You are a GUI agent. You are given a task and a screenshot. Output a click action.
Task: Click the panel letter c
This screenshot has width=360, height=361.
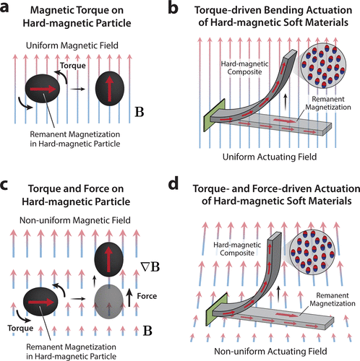point(4,185)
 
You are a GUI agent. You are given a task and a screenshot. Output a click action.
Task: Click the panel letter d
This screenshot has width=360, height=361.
point(173,183)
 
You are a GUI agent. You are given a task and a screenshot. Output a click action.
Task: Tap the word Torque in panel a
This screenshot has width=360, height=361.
point(73,66)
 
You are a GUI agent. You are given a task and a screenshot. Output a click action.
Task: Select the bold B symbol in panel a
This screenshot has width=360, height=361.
point(140,112)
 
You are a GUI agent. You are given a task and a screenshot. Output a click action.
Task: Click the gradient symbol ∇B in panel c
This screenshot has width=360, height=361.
point(150,267)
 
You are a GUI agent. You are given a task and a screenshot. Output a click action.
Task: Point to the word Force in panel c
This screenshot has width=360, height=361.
point(147,296)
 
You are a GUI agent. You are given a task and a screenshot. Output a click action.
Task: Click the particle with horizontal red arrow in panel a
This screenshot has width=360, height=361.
point(42,89)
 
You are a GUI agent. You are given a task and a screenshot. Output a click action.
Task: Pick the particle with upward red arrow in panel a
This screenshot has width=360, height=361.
point(110,88)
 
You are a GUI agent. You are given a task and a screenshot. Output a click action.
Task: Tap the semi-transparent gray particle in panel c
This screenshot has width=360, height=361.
point(108,301)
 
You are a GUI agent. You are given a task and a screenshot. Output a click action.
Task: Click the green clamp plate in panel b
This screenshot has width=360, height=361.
point(214,116)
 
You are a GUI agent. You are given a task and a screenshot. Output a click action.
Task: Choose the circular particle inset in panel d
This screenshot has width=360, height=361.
point(313,252)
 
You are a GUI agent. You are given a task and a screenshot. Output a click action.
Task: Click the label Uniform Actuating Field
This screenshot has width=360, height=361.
point(270,157)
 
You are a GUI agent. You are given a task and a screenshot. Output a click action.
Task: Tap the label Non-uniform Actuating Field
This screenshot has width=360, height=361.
point(270,352)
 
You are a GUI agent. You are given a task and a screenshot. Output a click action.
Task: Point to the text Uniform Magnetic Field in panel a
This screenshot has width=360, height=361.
point(72,45)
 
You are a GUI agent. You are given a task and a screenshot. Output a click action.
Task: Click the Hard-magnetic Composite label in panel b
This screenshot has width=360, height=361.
point(244,68)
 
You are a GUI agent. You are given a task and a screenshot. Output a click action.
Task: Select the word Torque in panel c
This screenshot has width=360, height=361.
point(20,328)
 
